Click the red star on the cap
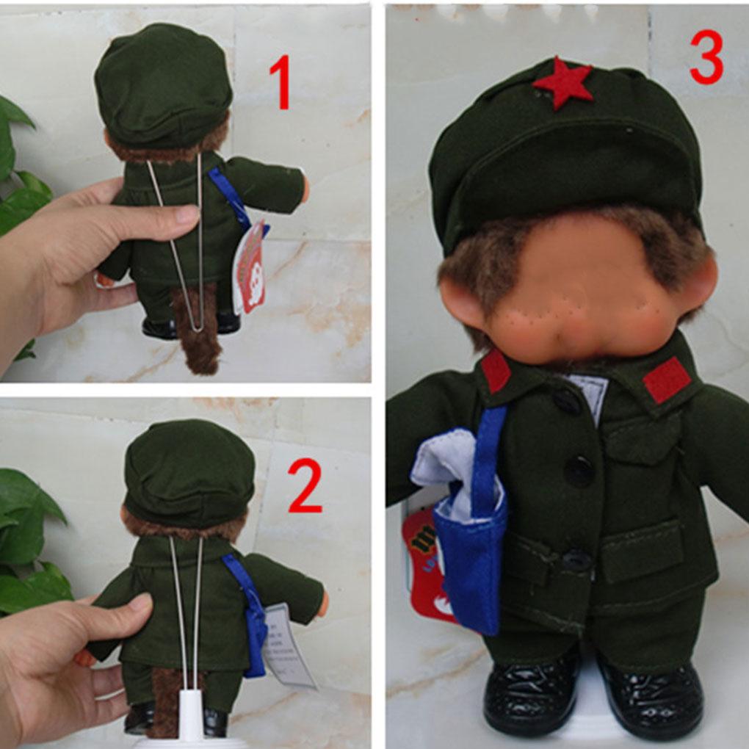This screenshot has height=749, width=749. [563, 83]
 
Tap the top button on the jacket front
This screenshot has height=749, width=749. [567, 401]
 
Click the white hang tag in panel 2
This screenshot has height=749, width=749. [289, 643]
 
